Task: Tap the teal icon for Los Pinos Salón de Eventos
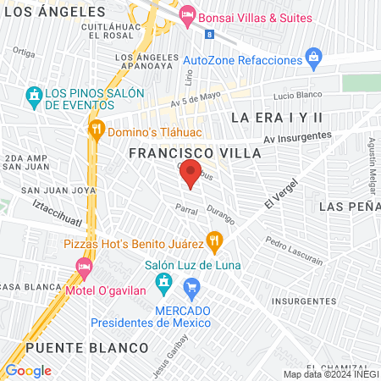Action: click(34, 93)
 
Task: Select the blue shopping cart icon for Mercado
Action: click(191, 288)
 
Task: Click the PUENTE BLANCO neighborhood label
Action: click(86, 348)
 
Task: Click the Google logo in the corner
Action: click(28, 370)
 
